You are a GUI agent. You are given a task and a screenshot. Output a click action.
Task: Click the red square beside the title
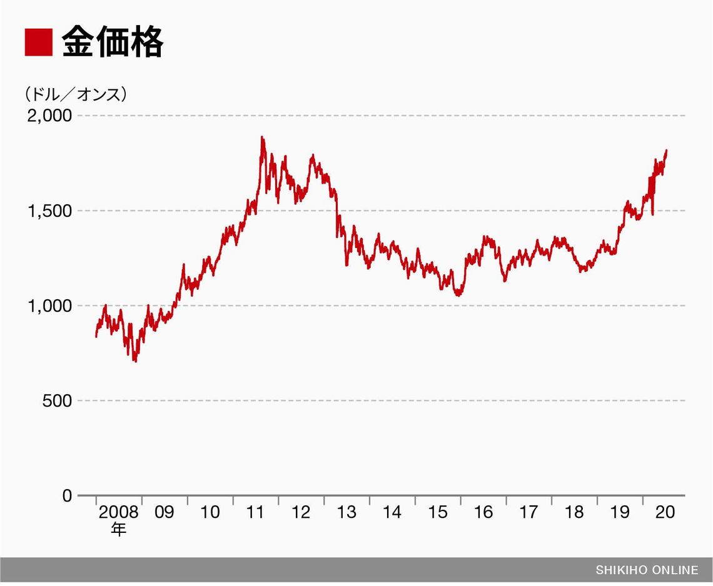pos(39,42)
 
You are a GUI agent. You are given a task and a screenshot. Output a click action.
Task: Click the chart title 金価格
pos(113,42)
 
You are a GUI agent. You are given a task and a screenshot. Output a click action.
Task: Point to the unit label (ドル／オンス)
pos(76,94)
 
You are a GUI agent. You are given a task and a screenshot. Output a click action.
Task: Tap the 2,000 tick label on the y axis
pos(49,116)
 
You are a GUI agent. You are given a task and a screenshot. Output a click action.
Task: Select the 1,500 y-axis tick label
pos(49,211)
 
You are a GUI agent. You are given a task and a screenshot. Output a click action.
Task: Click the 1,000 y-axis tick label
pos(49,306)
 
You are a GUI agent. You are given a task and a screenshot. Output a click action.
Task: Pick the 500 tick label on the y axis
pos(57,401)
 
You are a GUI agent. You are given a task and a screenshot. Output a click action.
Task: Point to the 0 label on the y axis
pos(66,496)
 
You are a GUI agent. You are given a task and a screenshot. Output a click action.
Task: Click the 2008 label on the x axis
pos(118,512)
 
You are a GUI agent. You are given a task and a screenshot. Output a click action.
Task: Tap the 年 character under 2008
pos(118,530)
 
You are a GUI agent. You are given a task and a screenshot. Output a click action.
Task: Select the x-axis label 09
pos(164,512)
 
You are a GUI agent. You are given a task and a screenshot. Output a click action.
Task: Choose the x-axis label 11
pos(255,512)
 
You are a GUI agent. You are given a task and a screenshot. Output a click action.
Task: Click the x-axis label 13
pos(346,512)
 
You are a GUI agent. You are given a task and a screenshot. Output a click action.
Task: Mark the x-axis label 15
pos(438,512)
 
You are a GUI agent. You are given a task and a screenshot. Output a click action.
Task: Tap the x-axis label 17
pos(528,512)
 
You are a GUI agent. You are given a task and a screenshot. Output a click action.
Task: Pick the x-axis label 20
pos(665,512)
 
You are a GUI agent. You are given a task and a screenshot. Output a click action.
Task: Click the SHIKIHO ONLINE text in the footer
pos(647,570)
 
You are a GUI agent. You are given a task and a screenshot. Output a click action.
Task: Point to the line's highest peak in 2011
pos(262,137)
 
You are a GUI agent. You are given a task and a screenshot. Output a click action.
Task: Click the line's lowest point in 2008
pos(135,361)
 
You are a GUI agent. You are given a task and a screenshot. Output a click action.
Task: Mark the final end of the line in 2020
pos(666,151)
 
